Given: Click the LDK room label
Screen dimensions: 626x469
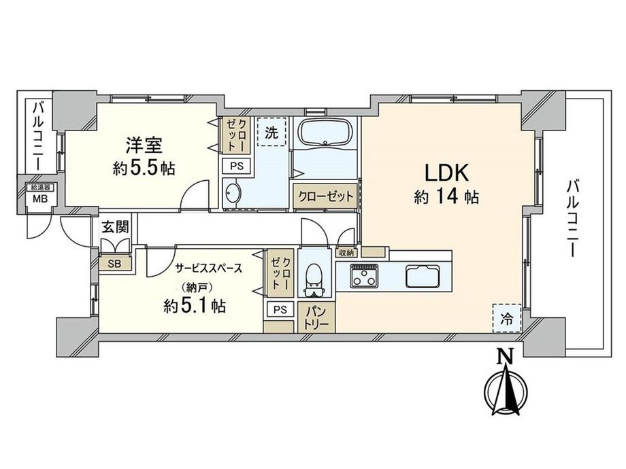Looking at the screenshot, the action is coord(446,173).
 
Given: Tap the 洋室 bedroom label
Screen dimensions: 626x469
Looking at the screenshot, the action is coord(144,145).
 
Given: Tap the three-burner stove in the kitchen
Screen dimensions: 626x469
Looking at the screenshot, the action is coord(364,275).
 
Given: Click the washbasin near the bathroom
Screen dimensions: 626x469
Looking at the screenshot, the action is coord(232,194).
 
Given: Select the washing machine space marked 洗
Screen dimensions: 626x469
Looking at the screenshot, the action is coord(272,132).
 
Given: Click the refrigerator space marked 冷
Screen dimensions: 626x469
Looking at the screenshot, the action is coord(507,318).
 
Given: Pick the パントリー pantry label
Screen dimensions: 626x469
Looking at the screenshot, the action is coord(317,317).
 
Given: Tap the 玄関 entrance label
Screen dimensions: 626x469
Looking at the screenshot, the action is coord(115,227).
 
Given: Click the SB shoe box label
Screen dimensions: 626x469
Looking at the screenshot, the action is coord(114,264).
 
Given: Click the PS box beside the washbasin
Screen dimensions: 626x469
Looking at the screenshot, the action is coord(236,165).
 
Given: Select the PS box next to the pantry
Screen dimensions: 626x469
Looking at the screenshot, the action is coord(280,309).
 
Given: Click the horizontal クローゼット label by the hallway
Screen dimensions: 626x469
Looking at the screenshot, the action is coord(326,196).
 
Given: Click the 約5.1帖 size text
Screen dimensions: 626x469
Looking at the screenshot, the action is coord(195,306).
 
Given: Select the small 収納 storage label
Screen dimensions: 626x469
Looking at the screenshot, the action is coord(346,252).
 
